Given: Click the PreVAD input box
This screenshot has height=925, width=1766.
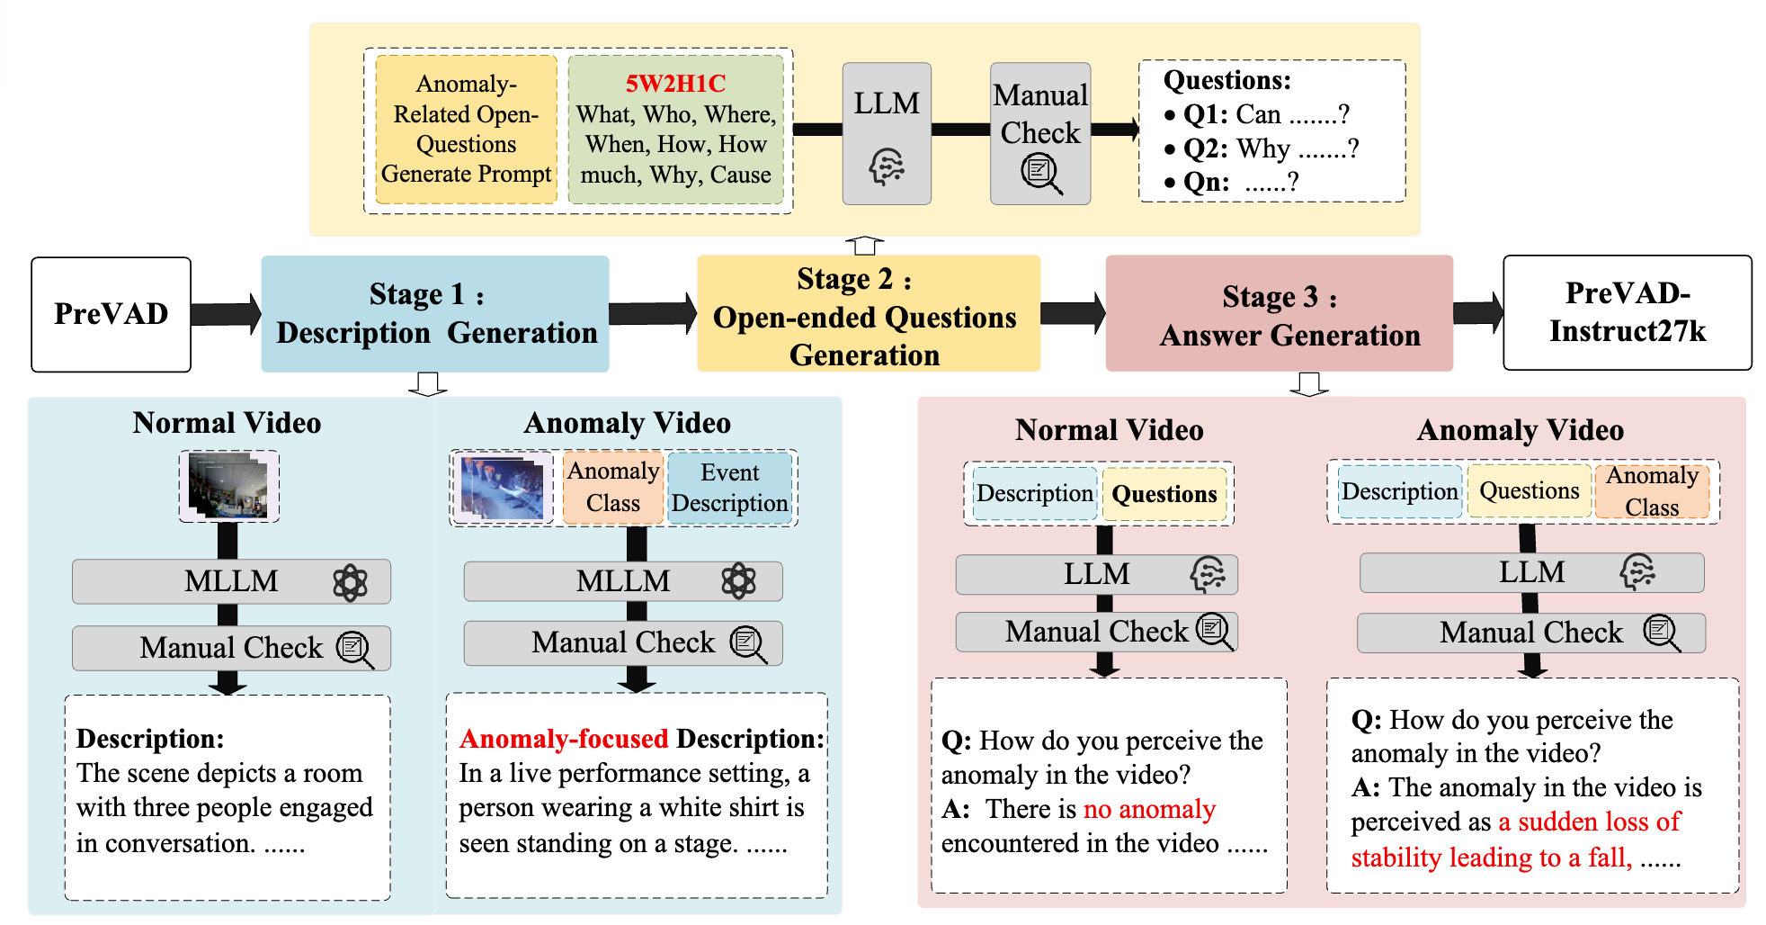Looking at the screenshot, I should (x=111, y=314).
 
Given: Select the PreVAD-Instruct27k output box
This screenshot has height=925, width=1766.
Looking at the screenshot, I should (x=1627, y=312).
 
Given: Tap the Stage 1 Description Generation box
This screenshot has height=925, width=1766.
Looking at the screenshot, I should (x=435, y=313).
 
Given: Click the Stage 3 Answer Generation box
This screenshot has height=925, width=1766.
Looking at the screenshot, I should (x=1279, y=313).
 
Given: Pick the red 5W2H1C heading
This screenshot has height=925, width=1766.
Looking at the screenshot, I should (x=675, y=84).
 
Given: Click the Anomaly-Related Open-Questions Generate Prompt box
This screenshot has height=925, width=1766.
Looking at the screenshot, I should (x=466, y=129).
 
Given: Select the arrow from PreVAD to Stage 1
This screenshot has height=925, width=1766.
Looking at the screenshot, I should (x=225, y=314).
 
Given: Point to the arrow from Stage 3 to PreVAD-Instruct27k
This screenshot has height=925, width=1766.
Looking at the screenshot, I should (x=1477, y=312).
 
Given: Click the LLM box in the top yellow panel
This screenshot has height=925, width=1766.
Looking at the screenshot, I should (x=887, y=133).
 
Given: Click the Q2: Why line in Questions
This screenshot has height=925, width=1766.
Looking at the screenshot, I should (x=1270, y=148).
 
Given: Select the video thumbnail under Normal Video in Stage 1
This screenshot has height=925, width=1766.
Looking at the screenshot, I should (x=228, y=487).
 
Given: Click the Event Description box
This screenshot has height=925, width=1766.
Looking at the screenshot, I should (x=729, y=488).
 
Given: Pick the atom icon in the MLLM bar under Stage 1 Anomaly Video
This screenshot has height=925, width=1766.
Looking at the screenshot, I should (x=738, y=581).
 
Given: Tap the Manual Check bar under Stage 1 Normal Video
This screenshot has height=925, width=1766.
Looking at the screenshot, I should (x=231, y=648).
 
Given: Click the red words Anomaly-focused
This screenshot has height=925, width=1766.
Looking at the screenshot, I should (x=564, y=739).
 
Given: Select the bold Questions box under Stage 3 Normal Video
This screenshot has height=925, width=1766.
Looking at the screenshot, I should (x=1164, y=494).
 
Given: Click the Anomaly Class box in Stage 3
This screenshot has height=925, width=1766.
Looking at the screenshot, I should (x=1652, y=491).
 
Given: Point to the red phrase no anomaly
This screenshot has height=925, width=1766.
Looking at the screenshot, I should (x=1149, y=810).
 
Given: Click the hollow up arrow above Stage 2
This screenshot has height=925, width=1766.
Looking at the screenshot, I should (x=865, y=245).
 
